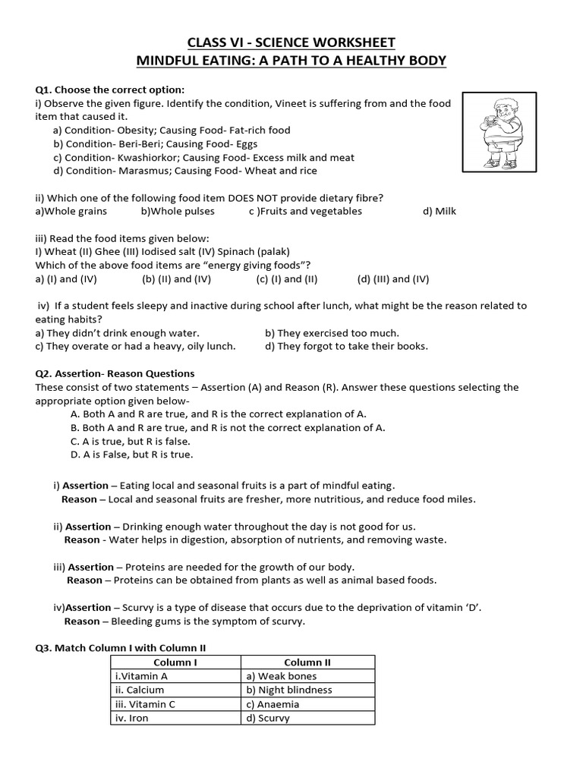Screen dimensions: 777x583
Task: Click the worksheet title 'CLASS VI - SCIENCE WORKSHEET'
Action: coord(291,42)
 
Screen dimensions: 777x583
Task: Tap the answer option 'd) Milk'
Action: coord(440,211)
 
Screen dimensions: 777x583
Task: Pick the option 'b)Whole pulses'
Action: coord(178,211)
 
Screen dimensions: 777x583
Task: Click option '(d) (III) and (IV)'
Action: coord(393,278)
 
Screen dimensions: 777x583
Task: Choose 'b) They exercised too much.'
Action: coord(332,332)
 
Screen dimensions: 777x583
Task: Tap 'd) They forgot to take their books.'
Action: coord(346,346)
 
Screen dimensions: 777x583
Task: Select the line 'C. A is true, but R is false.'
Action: coord(130,441)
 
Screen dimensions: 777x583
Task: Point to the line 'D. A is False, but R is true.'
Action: coord(131,455)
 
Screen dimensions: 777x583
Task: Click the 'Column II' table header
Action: coord(307,662)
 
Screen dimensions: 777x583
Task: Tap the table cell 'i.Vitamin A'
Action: coord(140,676)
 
